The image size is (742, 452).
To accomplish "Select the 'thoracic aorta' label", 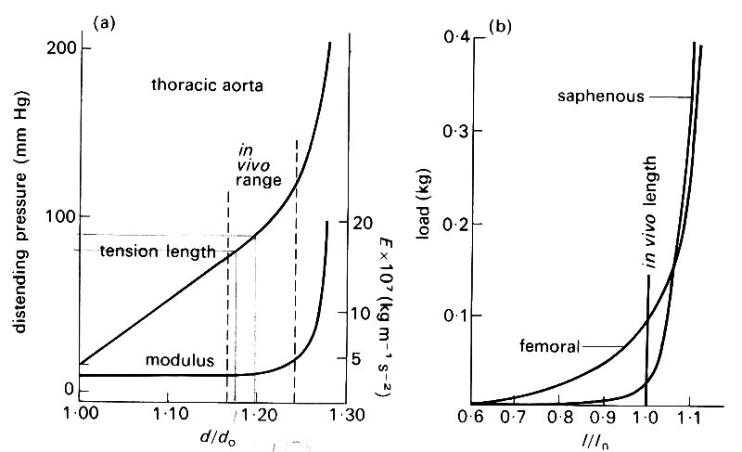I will point(208,86).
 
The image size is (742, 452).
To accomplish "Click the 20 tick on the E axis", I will point(362,224).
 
